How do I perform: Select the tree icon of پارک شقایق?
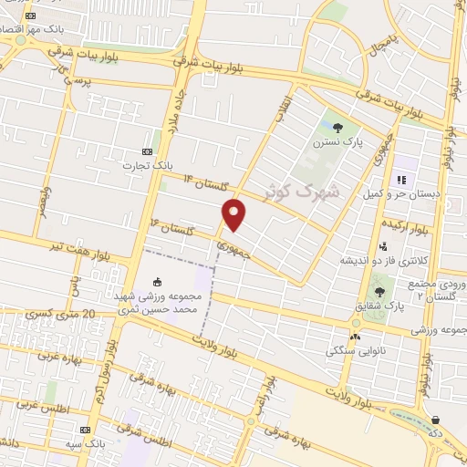coord(379,292)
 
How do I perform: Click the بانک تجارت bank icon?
coord(149,151)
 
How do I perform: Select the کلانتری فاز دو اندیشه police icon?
coord(383,245)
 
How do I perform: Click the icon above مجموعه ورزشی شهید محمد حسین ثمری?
coord(157,281)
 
